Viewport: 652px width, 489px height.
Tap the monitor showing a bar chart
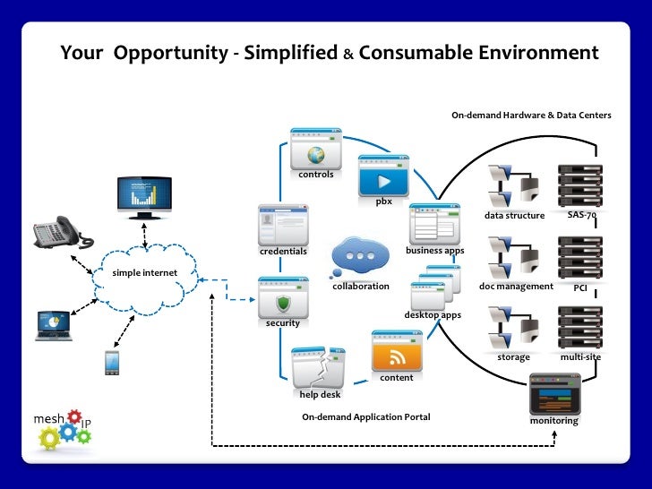(x=143, y=194)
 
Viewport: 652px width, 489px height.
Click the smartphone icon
(x=112, y=362)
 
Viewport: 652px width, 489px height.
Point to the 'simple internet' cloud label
(x=145, y=272)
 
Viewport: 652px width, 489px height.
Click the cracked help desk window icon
(x=318, y=368)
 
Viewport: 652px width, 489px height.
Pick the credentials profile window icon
(x=282, y=225)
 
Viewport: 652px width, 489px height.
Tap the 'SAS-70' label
(x=581, y=215)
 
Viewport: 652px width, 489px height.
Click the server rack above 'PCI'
(x=579, y=258)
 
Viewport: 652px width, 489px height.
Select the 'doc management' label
(x=517, y=287)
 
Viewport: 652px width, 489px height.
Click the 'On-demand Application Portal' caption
(x=365, y=417)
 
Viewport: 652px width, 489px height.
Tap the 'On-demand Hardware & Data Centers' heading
(x=531, y=116)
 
